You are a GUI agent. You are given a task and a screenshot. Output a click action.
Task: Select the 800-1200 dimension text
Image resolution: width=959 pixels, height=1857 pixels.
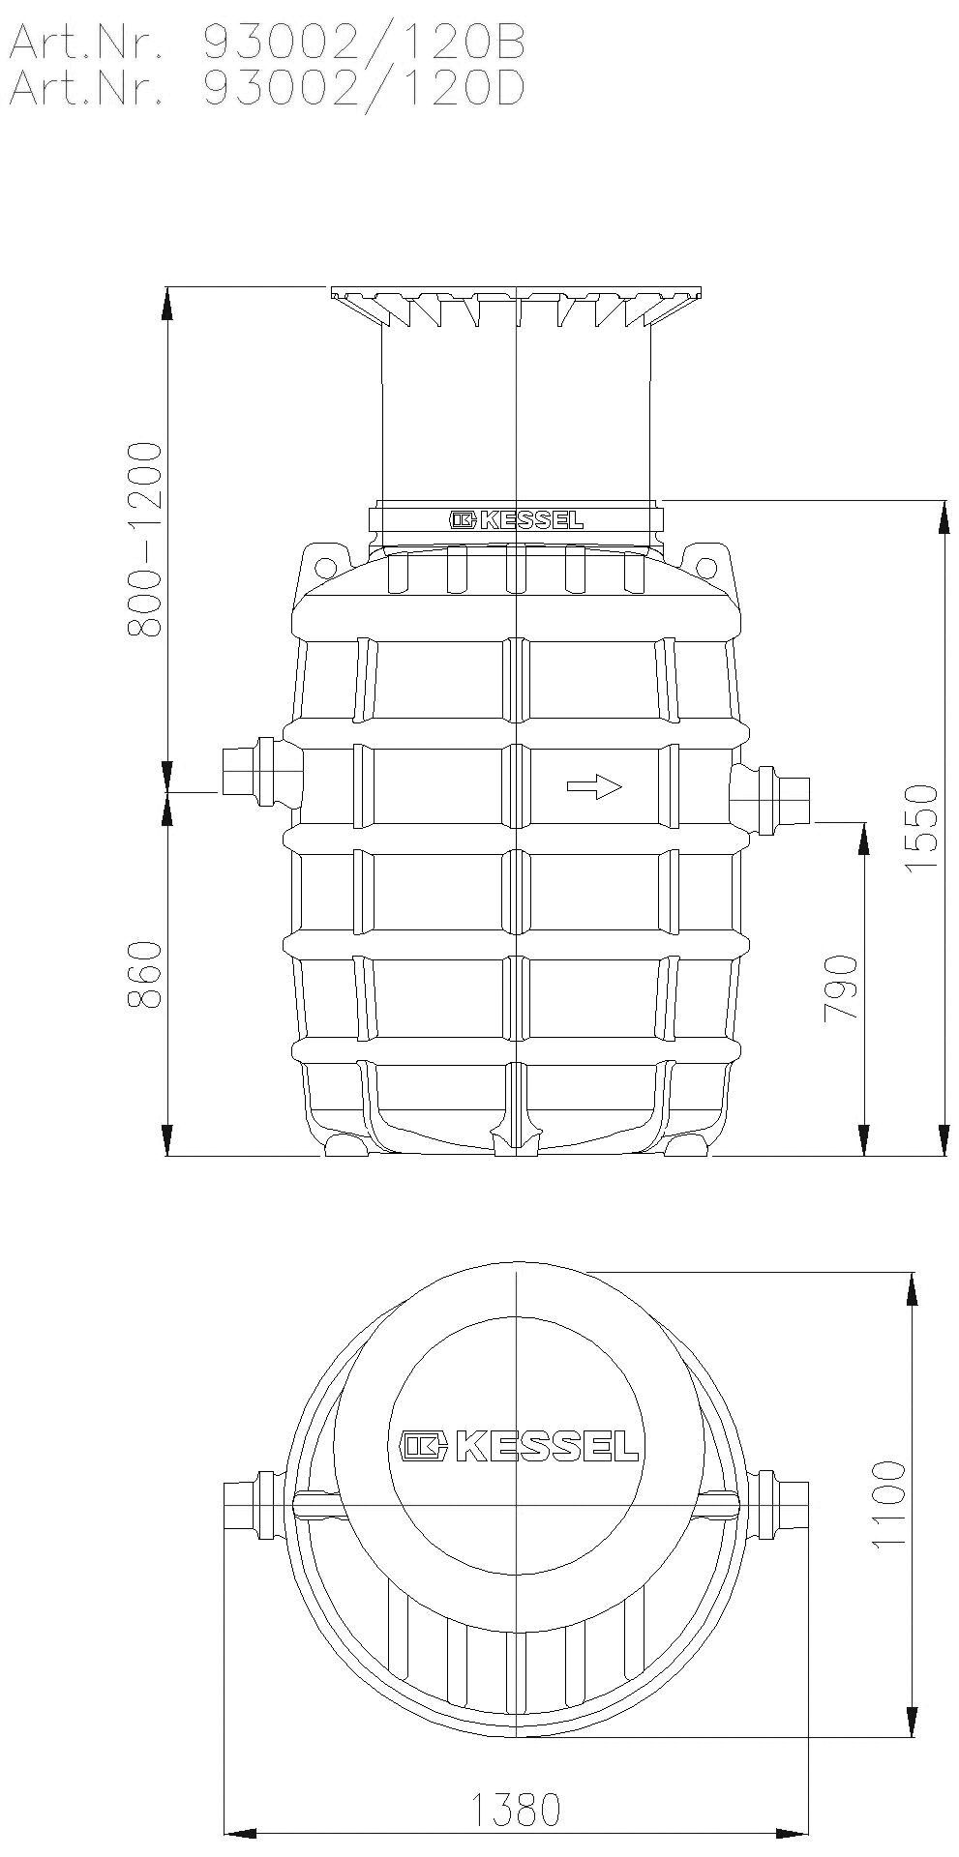(146, 539)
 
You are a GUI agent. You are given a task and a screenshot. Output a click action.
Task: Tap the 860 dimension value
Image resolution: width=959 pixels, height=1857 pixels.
(146, 974)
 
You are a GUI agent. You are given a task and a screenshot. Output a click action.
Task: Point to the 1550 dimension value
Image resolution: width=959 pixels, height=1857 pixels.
(922, 828)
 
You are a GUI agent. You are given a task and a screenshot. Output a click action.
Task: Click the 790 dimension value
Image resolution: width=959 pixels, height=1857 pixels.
(841, 987)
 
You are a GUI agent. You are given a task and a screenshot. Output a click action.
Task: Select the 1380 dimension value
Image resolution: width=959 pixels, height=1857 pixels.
(516, 1810)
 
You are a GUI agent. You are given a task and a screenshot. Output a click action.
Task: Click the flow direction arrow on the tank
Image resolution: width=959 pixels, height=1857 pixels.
(593, 786)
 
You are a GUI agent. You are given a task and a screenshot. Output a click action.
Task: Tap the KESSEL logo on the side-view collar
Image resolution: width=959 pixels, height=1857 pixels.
(517, 520)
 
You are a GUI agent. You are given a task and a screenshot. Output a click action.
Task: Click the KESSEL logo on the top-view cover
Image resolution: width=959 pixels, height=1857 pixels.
(520, 1445)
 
